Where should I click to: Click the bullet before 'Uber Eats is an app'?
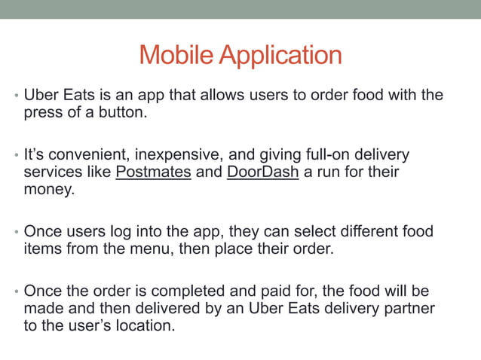tap(15, 97)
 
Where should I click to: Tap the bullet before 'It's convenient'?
tap(15, 156)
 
